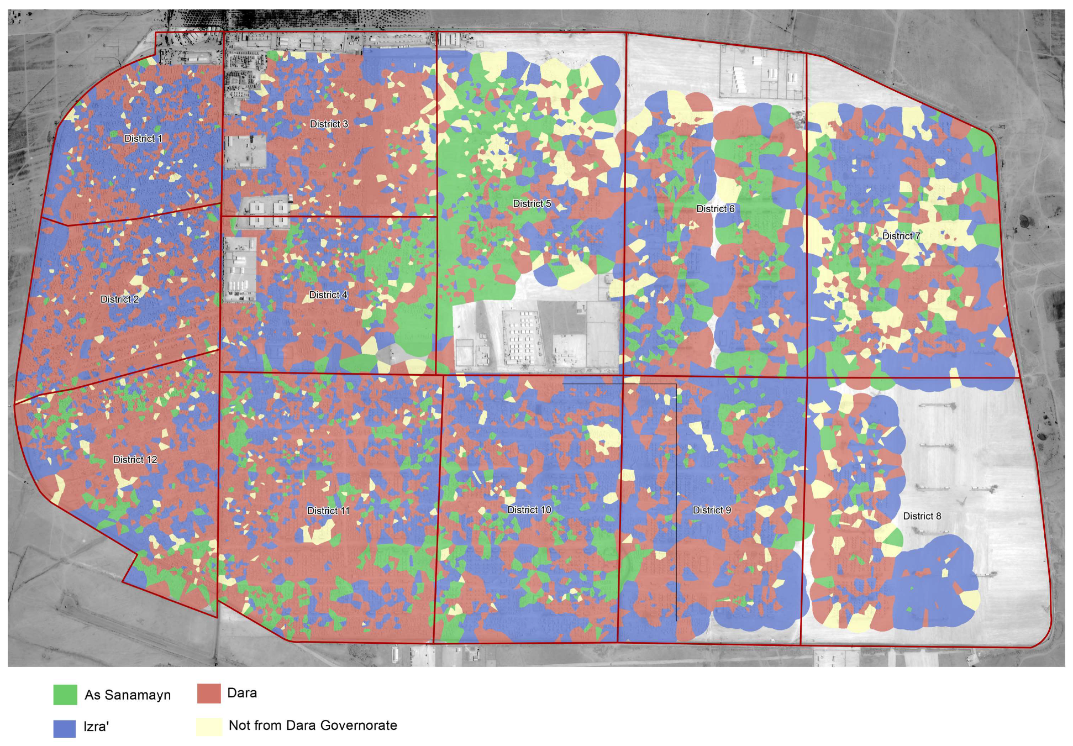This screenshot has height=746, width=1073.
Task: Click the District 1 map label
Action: [143, 139]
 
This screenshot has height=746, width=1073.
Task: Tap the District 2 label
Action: [119, 300]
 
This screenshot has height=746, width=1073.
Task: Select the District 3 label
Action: [329, 124]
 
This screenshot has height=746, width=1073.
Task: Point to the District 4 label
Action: [328, 295]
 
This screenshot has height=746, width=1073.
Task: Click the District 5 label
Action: [532, 204]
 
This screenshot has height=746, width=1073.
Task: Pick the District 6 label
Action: [716, 209]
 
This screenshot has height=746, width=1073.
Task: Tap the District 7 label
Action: [901, 236]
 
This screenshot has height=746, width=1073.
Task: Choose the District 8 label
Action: [922, 516]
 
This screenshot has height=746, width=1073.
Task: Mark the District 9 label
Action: [712, 510]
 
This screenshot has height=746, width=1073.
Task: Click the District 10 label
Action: [529, 510]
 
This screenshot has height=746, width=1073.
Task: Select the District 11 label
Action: [328, 511]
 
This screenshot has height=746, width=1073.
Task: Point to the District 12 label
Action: [135, 460]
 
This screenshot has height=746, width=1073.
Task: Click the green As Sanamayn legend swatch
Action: [65, 695]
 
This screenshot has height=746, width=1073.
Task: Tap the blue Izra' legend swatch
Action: [65, 728]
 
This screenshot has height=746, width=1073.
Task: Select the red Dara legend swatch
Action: [209, 694]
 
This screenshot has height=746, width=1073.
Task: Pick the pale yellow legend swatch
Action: [209, 726]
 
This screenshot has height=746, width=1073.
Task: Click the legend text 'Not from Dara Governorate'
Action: [313, 726]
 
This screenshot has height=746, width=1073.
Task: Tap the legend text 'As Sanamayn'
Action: [128, 695]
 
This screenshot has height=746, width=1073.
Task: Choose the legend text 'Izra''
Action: [96, 727]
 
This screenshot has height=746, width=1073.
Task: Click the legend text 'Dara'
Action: [242, 693]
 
